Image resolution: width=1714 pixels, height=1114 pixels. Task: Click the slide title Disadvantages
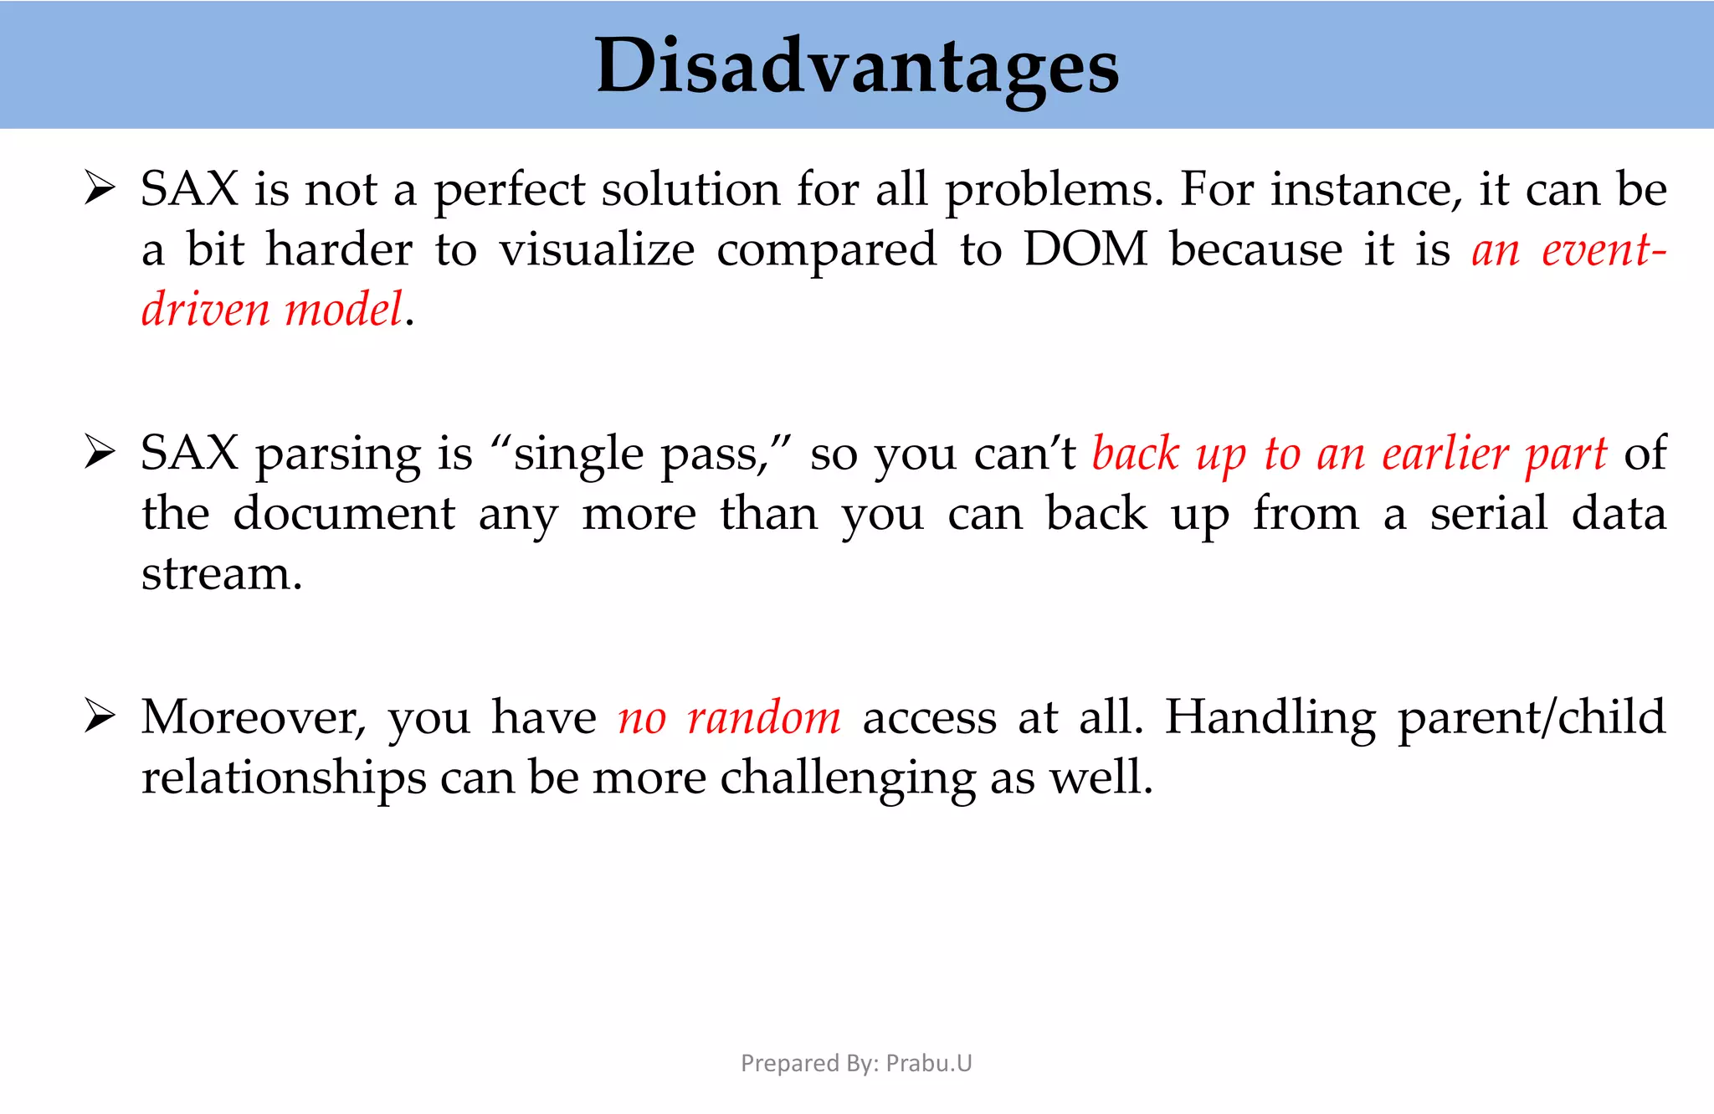(x=856, y=67)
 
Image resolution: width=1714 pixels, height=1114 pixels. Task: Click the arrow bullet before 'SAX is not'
(x=100, y=188)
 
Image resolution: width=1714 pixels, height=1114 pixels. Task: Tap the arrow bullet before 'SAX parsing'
(x=100, y=453)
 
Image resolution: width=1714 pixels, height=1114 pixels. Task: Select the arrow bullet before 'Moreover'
(x=100, y=717)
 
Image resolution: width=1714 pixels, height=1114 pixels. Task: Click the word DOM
(x=1085, y=249)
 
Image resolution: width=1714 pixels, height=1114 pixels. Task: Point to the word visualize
(x=597, y=249)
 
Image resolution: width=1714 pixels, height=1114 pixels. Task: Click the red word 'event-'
(x=1604, y=249)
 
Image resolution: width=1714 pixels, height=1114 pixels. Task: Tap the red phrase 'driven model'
(x=272, y=310)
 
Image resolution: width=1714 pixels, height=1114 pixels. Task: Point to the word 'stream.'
(x=221, y=574)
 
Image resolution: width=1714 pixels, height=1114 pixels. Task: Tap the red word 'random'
(x=763, y=718)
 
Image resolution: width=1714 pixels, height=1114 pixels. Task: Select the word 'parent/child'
(x=1532, y=718)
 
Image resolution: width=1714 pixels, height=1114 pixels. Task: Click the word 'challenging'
(x=847, y=778)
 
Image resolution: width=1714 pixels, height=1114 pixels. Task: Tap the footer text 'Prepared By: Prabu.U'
(x=856, y=1063)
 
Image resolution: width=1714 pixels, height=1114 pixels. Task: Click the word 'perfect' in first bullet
(x=509, y=190)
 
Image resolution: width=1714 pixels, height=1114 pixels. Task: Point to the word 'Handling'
(x=1270, y=718)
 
